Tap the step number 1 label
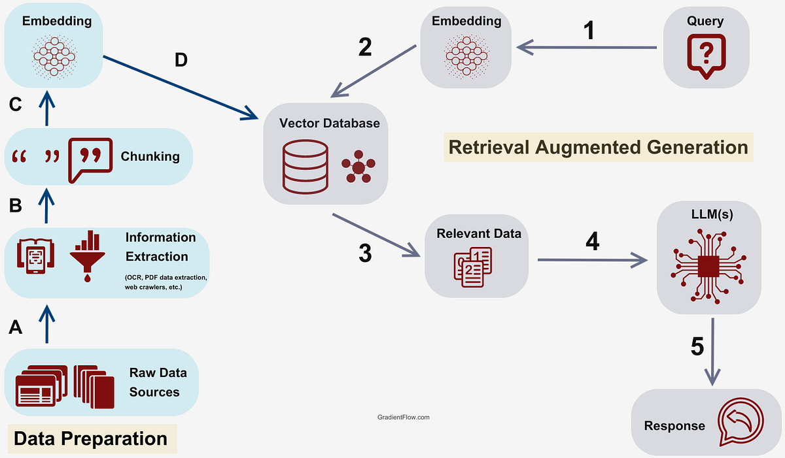point(589,30)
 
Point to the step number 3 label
point(365,253)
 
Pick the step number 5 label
point(697,346)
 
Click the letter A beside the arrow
point(16,327)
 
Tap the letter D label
point(181,60)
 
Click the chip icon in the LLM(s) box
point(708,269)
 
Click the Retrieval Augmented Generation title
point(599,147)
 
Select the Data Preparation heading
point(90,438)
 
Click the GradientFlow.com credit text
point(404,417)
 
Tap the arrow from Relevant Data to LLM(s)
point(589,261)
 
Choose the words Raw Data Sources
point(158,382)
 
